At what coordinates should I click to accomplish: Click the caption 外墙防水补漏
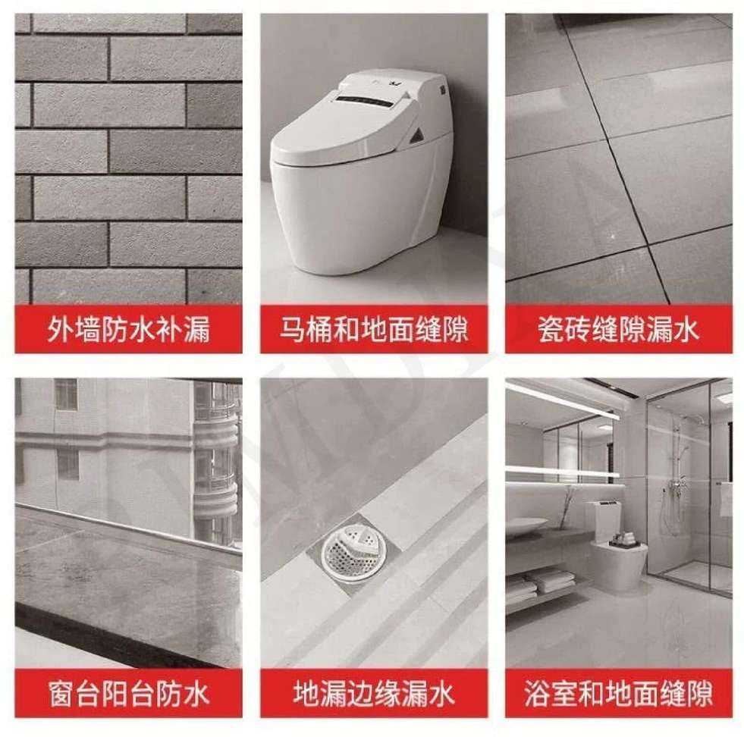tap(129, 329)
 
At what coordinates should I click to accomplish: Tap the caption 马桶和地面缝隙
tap(374, 329)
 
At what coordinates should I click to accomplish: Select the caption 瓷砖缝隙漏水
tap(618, 329)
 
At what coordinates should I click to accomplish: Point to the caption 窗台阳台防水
tap(129, 693)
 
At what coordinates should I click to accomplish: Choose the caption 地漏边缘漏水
tap(374, 693)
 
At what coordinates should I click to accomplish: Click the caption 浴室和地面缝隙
tap(618, 693)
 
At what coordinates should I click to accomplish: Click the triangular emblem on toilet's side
tap(419, 135)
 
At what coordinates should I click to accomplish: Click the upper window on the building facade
tap(66, 394)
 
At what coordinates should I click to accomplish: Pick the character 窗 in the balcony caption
tap(61, 693)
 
